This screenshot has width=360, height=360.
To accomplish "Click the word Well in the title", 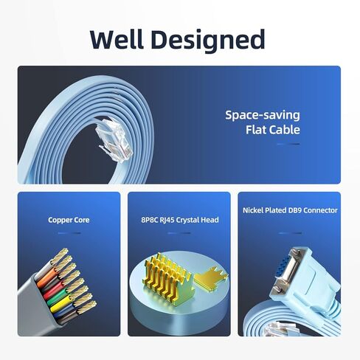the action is click(x=117, y=39).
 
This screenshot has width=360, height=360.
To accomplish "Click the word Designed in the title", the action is click(x=208, y=41).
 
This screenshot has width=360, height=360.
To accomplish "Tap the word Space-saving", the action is click(x=263, y=116).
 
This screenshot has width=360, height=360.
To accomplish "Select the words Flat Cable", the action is click(x=273, y=130).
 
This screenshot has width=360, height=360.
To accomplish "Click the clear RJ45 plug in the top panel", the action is click(x=114, y=139).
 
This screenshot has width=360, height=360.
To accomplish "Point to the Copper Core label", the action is click(x=69, y=220).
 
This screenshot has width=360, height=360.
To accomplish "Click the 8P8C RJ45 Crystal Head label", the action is click(x=180, y=220).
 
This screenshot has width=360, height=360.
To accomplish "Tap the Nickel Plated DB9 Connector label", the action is click(x=290, y=210).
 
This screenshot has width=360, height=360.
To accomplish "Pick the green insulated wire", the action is click(x=58, y=298).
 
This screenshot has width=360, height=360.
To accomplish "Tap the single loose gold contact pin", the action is click(x=211, y=279).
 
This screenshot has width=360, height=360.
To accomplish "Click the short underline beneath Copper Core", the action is click(x=69, y=233).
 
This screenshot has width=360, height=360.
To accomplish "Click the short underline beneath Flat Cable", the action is click(x=288, y=144).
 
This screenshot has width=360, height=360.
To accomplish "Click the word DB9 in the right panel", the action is click(x=294, y=210).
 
